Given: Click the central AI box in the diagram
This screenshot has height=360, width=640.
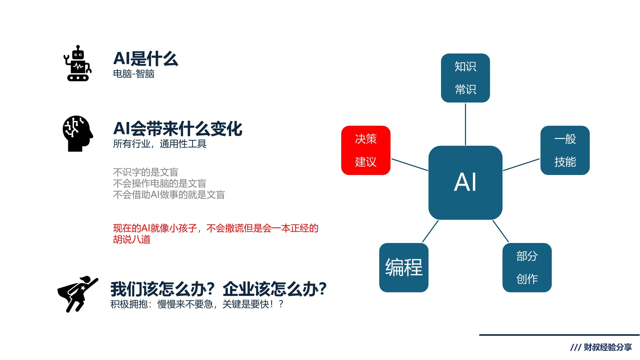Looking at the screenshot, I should coord(465,182).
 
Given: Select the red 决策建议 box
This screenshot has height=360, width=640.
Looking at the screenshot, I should coord(366,150).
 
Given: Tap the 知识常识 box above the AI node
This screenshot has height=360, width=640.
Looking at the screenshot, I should coord(465,78).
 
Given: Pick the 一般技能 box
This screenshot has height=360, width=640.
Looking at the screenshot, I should coord(565,150).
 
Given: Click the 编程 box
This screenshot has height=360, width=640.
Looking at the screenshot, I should coord(404,267).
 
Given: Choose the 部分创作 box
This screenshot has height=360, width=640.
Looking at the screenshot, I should coord(527,267).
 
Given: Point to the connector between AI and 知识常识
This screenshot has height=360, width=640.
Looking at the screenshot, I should coord(465,124).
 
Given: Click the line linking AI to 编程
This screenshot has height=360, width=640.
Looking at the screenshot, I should coord(430,231).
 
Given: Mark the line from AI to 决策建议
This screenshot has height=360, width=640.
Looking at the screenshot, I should coord(409,165).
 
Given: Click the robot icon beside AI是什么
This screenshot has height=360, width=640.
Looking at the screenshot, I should coord(78,63).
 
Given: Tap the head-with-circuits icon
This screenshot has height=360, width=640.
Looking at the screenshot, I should coord(78,133).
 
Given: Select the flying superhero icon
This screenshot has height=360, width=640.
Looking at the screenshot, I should coord(78,294).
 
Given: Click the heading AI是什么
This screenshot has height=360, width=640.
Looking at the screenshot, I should coord(146,59).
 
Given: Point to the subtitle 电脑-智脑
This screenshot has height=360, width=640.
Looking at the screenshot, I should coord(134,74).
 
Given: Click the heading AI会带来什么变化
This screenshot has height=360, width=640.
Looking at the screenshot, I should coord(178,129).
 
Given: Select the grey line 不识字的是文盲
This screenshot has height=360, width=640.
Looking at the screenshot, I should coord(146,172).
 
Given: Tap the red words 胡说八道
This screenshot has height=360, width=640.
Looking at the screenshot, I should coord(132,239).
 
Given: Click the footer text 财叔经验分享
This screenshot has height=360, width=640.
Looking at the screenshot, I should coord(607,347).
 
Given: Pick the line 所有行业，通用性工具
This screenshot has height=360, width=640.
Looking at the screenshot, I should coord(160,144).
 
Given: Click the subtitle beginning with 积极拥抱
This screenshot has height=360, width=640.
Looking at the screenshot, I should coord(197,304).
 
